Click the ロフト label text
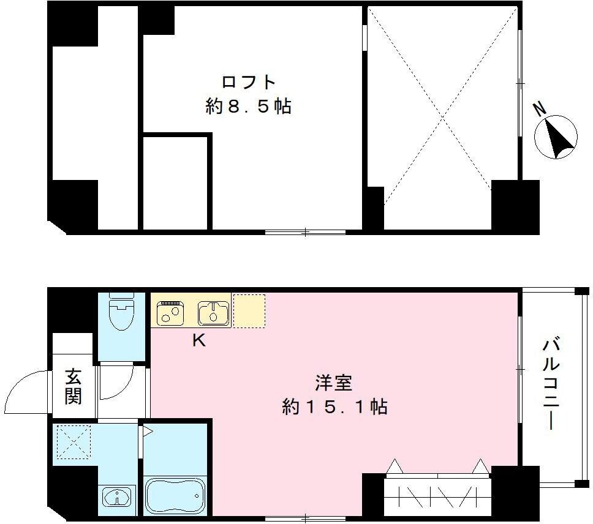click(248, 82)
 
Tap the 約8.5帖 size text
click(248, 107)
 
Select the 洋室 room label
click(334, 383)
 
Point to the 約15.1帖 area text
click(334, 407)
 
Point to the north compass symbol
click(556, 137)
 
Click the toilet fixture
click(121, 313)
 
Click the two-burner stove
click(170, 313)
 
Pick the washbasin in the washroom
click(116, 497)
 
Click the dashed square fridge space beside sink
click(249, 310)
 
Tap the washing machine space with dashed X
click(73, 442)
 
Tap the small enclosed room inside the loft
click(176, 182)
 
